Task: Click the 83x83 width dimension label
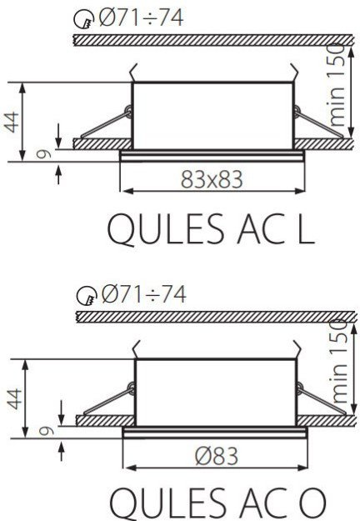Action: [x=212, y=179]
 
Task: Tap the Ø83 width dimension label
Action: [x=217, y=455]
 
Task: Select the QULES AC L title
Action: [x=211, y=229]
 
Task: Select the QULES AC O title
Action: [x=217, y=503]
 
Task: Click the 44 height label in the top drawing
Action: [x=12, y=123]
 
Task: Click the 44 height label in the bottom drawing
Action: [x=15, y=398]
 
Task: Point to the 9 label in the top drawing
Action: [x=44, y=154]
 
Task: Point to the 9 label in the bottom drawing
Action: [x=46, y=431]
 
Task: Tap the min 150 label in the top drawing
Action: [x=336, y=85]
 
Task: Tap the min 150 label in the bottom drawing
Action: [x=338, y=362]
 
